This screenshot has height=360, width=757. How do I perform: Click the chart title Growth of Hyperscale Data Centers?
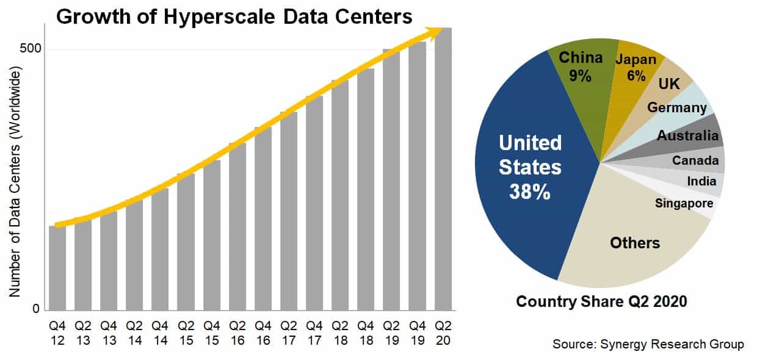tap(234, 16)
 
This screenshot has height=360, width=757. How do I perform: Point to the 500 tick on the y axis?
tap(34, 49)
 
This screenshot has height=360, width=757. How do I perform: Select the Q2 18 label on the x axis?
tap(340, 333)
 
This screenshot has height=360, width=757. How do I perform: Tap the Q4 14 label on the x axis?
tap(160, 333)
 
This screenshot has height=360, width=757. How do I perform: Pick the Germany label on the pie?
tap(677, 107)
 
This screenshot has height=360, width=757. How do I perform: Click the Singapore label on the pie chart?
tap(684, 203)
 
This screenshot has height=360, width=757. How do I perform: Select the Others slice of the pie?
tap(635, 243)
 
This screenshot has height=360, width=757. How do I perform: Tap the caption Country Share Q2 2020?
tap(602, 301)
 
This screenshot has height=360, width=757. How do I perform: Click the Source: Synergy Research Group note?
tap(648, 344)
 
